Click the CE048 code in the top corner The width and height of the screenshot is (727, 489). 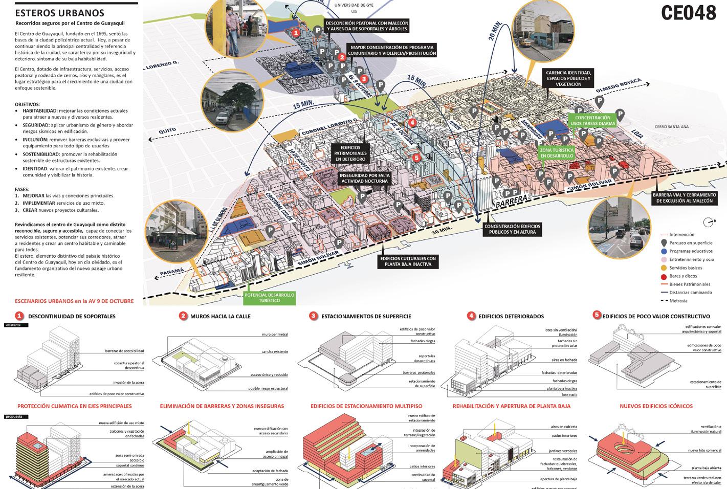click(x=688, y=13)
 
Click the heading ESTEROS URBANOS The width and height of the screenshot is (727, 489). click(x=60, y=13)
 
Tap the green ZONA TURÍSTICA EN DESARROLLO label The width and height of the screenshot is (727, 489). click(x=557, y=153)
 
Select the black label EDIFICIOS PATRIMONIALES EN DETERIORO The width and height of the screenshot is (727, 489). click(x=350, y=153)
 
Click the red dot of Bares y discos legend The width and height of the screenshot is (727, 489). click(x=664, y=276)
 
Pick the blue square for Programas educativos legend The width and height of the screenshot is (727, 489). click(x=664, y=251)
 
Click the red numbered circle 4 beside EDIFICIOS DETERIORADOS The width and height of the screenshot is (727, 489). click(x=471, y=316)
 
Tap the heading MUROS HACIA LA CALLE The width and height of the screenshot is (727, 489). click(x=220, y=316)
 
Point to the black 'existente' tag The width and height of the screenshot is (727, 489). click(x=16, y=325)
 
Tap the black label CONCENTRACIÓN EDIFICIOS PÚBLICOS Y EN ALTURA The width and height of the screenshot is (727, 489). click(x=512, y=229)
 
